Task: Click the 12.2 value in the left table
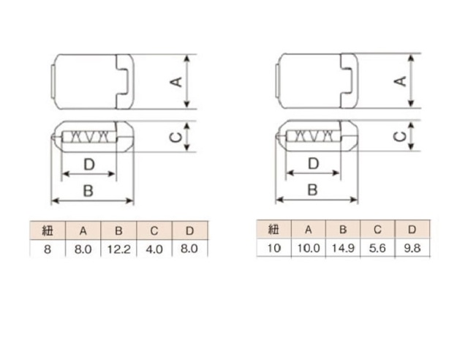pyautogui.click(x=118, y=249)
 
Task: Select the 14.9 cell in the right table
pyautogui.click(x=343, y=248)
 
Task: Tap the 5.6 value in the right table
pyautogui.click(x=377, y=248)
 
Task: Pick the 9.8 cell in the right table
pyautogui.click(x=412, y=248)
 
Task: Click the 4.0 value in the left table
pyautogui.click(x=154, y=249)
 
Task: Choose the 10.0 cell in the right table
pyautogui.click(x=309, y=248)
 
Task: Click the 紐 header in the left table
pyautogui.click(x=48, y=230)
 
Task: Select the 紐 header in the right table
pyautogui.click(x=273, y=230)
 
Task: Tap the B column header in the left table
pyautogui.click(x=118, y=230)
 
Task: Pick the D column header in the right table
pyautogui.click(x=412, y=230)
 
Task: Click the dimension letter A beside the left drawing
pyautogui.click(x=177, y=81)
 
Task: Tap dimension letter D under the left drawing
pyautogui.click(x=89, y=165)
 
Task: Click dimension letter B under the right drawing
pyautogui.click(x=312, y=190)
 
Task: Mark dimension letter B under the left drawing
pyautogui.click(x=88, y=191)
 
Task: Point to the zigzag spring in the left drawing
pyautogui.click(x=88, y=137)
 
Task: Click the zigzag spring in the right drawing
pyautogui.click(x=313, y=136)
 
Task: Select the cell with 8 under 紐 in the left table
pyautogui.click(x=48, y=249)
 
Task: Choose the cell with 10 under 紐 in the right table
pyautogui.click(x=273, y=248)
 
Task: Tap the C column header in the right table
pyautogui.click(x=377, y=230)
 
